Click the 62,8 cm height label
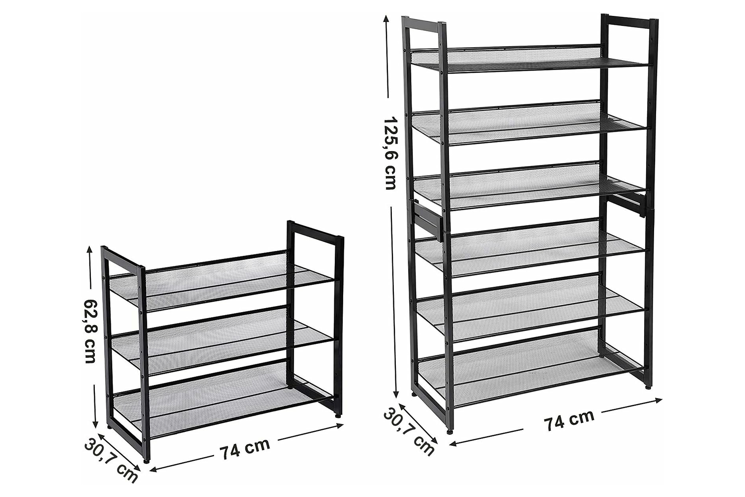point(89,331)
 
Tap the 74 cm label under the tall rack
point(569,420)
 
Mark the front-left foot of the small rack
point(147,462)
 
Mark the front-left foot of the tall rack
point(450,432)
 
